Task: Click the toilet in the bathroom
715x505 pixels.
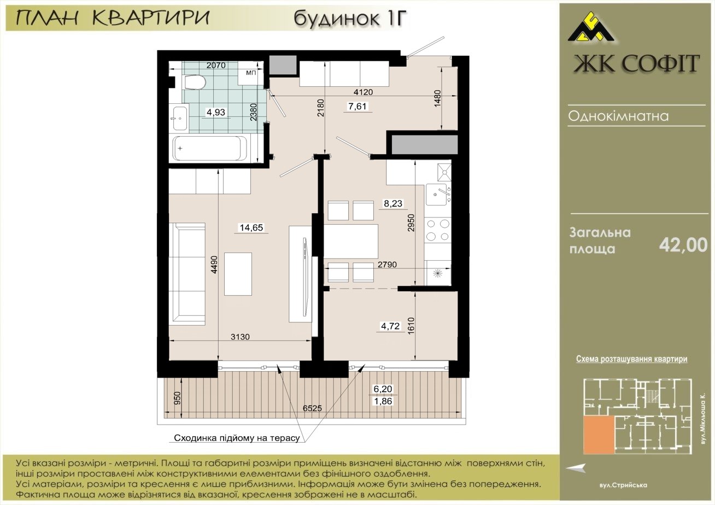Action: [195, 83]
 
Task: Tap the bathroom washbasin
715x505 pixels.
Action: [180, 119]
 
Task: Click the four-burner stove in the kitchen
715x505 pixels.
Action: [438, 230]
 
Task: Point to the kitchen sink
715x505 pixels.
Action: [438, 195]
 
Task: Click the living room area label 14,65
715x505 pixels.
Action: [251, 227]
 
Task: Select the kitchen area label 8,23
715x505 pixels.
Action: [393, 203]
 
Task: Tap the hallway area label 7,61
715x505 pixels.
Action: [357, 106]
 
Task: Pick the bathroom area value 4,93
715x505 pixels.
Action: [216, 113]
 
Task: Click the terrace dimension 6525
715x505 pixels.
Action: [312, 408]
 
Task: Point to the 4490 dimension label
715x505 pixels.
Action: [214, 265]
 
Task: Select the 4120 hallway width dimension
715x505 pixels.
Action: [364, 92]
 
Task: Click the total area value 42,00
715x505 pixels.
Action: [683, 245]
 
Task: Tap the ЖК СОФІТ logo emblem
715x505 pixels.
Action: [591, 30]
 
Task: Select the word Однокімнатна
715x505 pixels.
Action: [618, 116]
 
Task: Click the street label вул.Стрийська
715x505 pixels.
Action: [623, 485]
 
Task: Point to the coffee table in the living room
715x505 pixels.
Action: [238, 274]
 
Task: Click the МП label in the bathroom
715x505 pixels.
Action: [251, 73]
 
